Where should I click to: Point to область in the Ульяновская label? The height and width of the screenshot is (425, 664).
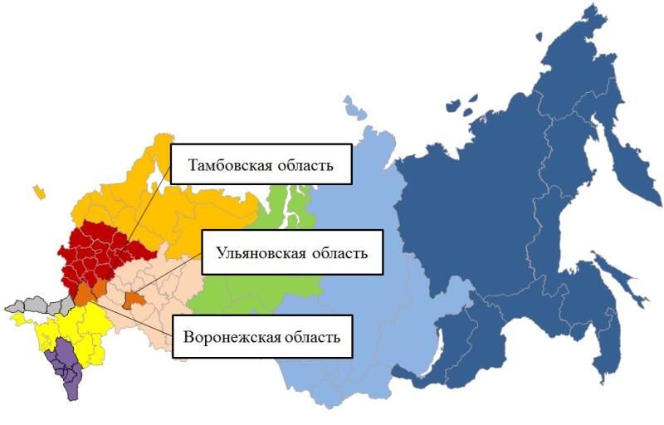click(339, 252)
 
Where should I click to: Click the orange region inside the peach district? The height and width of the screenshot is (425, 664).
click(132, 300)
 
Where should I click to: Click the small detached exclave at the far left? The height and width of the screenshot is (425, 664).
click(38, 193)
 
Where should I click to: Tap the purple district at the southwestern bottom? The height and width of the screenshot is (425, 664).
click(61, 365)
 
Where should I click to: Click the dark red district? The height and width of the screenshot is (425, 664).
click(100, 249)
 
